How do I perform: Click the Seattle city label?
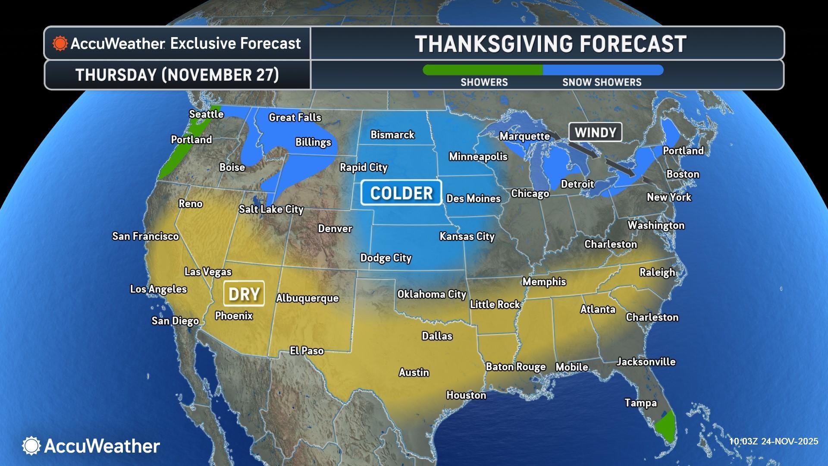coord(206,114)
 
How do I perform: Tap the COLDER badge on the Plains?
coord(401,193)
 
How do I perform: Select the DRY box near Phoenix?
coord(244,294)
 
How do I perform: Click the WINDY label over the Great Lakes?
coord(595,132)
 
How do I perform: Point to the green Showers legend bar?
coord(483,70)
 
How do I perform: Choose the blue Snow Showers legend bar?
coord(602,70)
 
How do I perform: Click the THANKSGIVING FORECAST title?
coord(550,44)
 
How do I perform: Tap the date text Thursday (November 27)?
coord(177,75)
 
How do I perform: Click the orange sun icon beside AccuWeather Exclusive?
coord(60,44)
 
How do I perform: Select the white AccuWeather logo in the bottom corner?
coord(91,446)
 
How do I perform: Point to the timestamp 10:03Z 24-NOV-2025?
coord(773,441)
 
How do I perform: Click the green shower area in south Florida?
coord(665,427)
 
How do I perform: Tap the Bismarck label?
coord(392,135)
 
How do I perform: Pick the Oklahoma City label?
coord(432,294)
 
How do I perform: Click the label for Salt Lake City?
coord(271,209)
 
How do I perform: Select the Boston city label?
coord(683,174)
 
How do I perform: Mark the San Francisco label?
coord(145,236)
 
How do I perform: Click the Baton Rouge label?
coord(516,367)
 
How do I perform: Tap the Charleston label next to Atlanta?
coord(652,317)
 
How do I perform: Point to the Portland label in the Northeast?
coord(683,151)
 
